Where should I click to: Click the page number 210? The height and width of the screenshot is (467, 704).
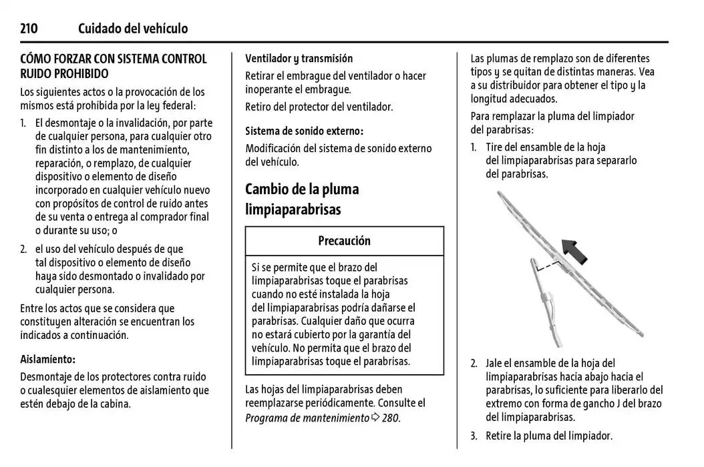(29, 28)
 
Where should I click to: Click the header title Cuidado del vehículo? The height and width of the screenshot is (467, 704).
(133, 28)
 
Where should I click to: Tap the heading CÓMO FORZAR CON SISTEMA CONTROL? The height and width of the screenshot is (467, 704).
(114, 59)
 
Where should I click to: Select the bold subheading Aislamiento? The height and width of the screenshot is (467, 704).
(47, 359)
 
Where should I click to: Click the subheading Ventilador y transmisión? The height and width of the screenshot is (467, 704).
(299, 58)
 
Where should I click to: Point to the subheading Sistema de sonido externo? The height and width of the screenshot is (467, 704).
(304, 131)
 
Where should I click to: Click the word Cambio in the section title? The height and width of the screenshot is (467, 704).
(269, 189)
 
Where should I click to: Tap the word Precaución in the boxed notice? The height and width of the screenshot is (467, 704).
(344, 240)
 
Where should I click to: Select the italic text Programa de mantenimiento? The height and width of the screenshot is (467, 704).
(307, 418)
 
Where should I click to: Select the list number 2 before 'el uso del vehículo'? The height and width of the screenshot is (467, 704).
(23, 249)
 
